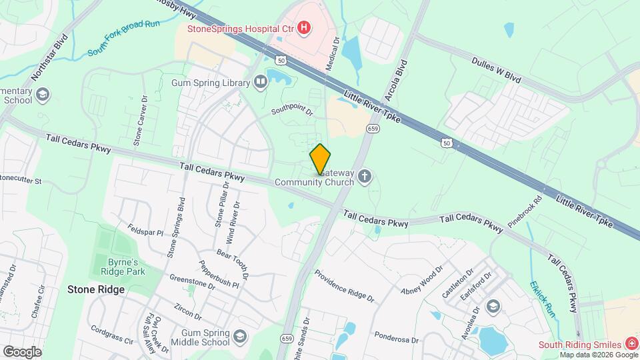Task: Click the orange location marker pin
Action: [320, 159]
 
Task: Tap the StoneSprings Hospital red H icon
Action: [303, 27]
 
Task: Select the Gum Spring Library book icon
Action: [261, 83]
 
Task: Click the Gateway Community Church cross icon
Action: [364, 177]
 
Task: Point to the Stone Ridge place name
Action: [95, 290]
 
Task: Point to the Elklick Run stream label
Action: [542, 299]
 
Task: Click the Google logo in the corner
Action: [22, 351]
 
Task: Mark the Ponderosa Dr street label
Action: [396, 337]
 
